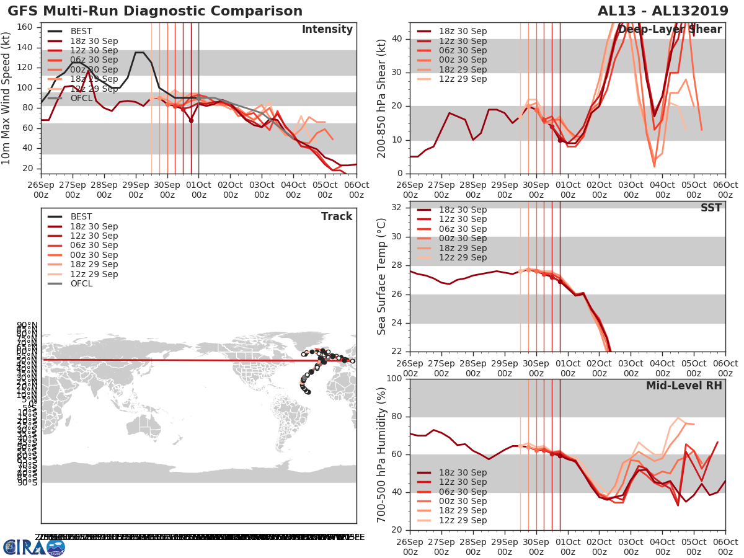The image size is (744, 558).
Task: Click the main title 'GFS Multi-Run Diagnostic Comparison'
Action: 155,11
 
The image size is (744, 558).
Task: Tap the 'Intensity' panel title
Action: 327,30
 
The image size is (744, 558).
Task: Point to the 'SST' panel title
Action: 711,208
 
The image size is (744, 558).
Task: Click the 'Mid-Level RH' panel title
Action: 684,386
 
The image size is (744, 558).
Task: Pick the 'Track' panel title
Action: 337,216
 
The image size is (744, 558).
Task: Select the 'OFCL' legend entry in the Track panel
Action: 81,283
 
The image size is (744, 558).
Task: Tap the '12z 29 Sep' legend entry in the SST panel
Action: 462,257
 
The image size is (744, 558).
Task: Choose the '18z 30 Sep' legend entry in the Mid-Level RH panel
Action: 462,472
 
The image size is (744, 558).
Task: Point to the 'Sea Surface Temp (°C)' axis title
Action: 382,276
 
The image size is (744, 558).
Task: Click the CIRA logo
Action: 33,547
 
